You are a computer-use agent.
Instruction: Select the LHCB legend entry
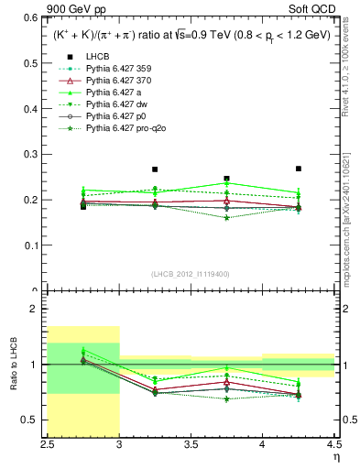[96, 58]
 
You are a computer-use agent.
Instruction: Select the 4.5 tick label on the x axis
[333, 446]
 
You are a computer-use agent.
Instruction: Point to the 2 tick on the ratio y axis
[37, 310]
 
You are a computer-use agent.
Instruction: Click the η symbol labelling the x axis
[336, 457]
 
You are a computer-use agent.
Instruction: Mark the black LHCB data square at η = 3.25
[155, 169]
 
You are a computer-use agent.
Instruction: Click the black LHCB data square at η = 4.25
[299, 169]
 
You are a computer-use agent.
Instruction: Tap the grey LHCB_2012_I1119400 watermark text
[191, 275]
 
